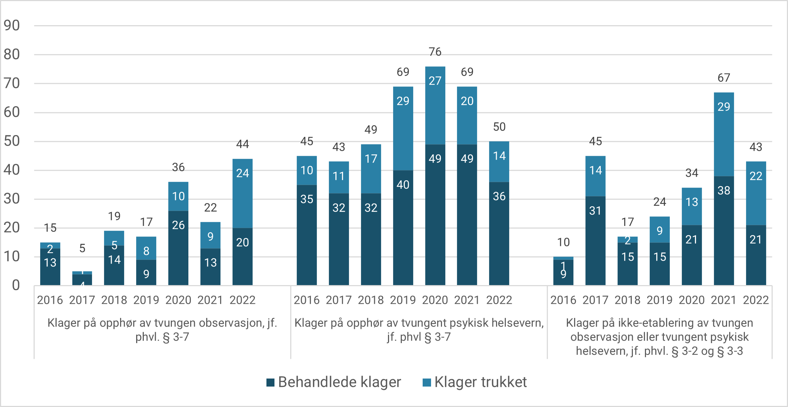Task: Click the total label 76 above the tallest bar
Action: tap(435, 52)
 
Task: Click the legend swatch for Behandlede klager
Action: tap(270, 382)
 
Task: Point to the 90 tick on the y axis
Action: tap(12, 26)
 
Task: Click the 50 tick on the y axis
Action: tap(12, 141)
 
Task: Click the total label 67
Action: tap(724, 78)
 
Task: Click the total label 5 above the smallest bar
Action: tap(82, 249)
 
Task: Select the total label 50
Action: tap(499, 127)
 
